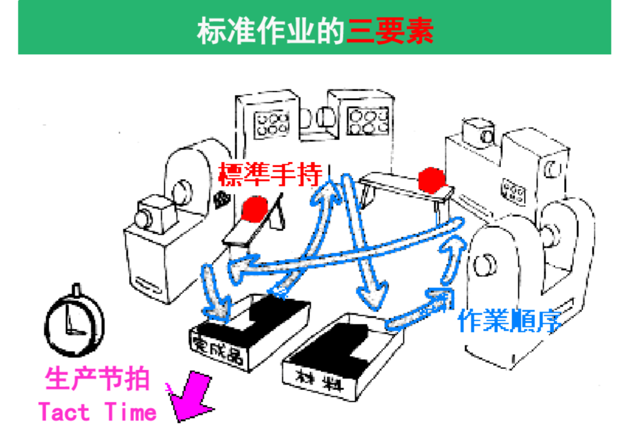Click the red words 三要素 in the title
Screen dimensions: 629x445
tap(390, 30)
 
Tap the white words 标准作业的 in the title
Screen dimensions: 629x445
tap(271, 30)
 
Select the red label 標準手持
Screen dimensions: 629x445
tap(270, 175)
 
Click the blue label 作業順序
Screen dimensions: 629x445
tap(509, 321)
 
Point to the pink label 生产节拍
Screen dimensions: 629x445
tap(98, 379)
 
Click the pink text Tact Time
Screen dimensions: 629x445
tap(97, 412)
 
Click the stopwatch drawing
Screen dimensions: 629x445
tap(75, 321)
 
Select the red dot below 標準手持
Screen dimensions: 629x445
tap(255, 209)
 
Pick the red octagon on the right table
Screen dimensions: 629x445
tap(432, 180)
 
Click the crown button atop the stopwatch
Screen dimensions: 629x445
tap(76, 289)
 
